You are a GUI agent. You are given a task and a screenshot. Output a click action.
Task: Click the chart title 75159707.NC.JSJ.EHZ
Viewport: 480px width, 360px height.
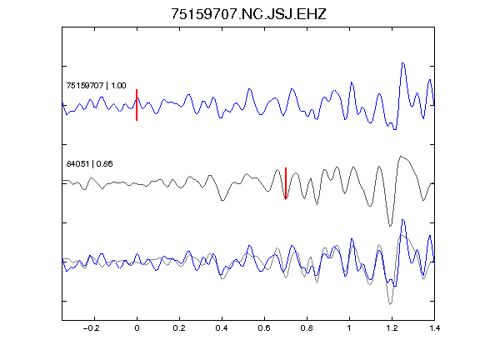(248, 14)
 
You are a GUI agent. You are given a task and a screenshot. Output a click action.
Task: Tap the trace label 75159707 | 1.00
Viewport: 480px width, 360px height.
(96, 85)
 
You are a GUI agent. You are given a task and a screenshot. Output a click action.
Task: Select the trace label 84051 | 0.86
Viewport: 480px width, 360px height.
(89, 164)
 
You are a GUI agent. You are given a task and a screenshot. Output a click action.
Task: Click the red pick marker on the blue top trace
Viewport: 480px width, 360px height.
(137, 105)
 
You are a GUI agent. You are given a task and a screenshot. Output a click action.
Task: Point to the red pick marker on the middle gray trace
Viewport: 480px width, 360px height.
(286, 183)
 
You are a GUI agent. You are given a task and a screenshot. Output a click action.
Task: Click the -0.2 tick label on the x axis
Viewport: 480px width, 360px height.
(92, 328)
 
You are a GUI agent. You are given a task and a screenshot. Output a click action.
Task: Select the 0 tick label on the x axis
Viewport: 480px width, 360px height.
(137, 328)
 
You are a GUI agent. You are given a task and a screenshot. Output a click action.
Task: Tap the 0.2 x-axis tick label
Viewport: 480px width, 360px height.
(179, 328)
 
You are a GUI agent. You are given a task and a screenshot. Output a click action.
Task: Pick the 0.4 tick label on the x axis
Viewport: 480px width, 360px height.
(222, 328)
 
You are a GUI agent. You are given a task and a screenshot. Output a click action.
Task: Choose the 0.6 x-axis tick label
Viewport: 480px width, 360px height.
(264, 328)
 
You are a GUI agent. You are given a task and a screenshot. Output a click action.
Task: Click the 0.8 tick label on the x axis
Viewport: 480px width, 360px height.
(307, 328)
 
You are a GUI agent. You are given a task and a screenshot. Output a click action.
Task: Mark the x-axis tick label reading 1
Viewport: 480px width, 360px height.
(349, 328)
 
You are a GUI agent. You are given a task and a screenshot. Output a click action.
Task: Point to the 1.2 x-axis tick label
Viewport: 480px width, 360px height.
(392, 328)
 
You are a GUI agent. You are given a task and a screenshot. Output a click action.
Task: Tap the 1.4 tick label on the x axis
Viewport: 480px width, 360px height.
(434, 328)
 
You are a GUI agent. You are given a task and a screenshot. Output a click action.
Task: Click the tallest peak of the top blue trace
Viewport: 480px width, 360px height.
(402, 63)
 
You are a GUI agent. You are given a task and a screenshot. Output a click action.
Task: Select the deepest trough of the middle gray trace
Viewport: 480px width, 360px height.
(390, 226)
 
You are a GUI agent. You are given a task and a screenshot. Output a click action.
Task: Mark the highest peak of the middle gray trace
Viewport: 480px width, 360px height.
(401, 157)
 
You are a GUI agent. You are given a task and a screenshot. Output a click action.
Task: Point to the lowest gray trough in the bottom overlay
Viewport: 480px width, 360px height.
(390, 304)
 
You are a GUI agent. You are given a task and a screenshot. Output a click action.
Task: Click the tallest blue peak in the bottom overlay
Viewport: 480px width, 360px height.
(402, 220)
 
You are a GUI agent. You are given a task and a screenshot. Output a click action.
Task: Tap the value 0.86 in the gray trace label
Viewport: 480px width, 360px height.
(104, 164)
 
